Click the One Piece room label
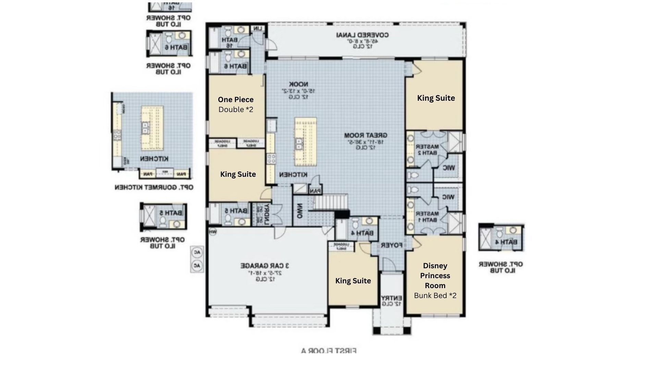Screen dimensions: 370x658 [236, 100]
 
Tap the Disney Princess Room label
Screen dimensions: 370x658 [435, 275]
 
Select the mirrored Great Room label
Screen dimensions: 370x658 [366, 135]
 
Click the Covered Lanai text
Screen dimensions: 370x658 [363, 35]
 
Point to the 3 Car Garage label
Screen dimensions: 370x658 [265, 266]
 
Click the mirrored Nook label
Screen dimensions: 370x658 [298, 84]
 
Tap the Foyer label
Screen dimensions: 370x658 [391, 245]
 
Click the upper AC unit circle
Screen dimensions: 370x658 [197, 253]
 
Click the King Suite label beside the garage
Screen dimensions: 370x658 [353, 281]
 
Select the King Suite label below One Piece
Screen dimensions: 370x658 [238, 174]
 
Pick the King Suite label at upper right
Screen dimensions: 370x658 [436, 98]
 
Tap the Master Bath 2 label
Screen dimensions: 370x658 [427, 150]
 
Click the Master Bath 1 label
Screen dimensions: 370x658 [427, 217]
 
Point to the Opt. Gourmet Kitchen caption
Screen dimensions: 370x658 [154, 187]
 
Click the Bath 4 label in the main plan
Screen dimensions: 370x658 [362, 233]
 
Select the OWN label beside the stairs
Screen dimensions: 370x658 [300, 212]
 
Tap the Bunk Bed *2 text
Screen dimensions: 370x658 [435, 296]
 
